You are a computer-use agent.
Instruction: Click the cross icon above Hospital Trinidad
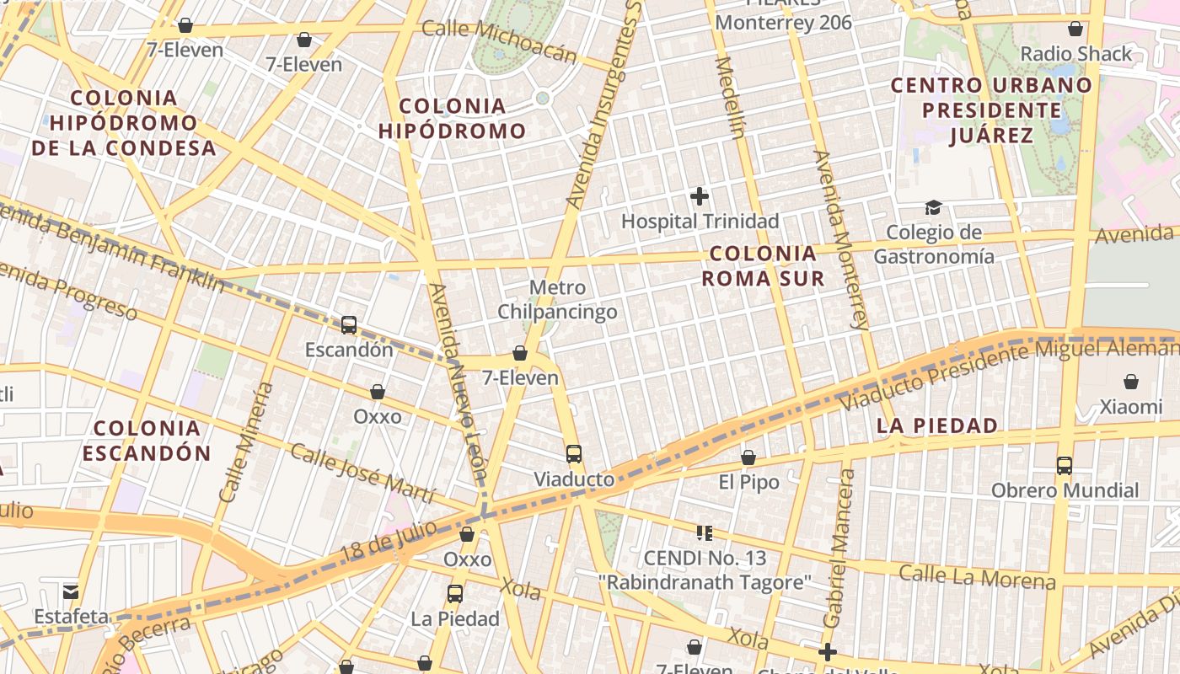pos(699,196)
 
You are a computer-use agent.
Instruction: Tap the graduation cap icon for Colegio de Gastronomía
pos(933,207)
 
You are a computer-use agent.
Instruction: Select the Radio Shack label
pos(1076,54)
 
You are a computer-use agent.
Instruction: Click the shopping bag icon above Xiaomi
pos(1130,382)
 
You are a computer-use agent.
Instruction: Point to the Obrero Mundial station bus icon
pos(1064,465)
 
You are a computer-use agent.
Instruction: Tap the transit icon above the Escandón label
pos(348,324)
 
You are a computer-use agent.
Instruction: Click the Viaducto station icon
pos(574,454)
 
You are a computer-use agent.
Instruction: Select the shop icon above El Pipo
pos(748,457)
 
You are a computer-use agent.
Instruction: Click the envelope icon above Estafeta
pos(71,591)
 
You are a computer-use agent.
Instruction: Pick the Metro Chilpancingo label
pos(557,300)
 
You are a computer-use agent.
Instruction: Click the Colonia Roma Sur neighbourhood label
pos(763,265)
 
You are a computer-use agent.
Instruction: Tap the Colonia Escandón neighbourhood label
pos(147,440)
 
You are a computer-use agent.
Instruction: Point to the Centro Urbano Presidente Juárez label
pos(991,110)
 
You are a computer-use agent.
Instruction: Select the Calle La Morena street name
pos(976,577)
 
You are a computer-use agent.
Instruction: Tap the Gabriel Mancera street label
pos(839,548)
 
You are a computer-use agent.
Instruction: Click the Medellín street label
pos(730,96)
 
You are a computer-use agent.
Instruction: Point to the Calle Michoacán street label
pos(499,40)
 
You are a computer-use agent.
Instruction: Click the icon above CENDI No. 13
pos(705,532)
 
